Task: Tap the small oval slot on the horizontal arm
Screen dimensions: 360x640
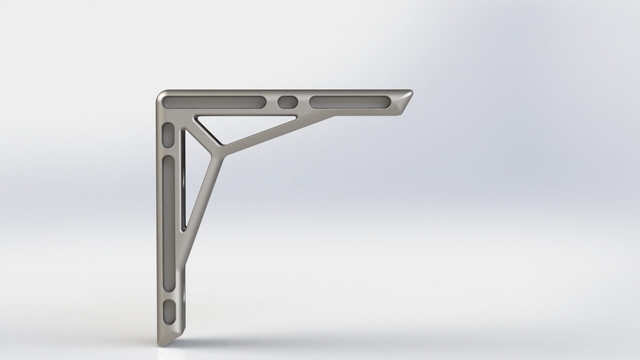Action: click(287, 102)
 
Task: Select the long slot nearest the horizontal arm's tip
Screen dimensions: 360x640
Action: click(349, 102)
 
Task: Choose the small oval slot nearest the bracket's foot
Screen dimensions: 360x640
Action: click(170, 310)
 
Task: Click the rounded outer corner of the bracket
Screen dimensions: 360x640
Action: click(160, 95)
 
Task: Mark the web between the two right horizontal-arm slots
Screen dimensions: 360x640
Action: click(303, 102)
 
